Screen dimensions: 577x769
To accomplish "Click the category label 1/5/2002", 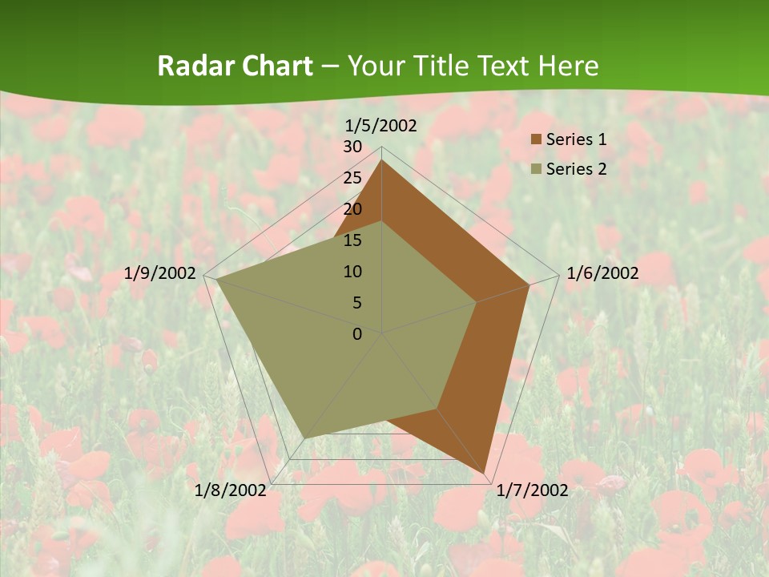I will (x=381, y=126).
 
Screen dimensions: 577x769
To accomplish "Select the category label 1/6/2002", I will (x=602, y=273).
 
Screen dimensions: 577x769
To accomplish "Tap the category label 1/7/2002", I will (x=532, y=490).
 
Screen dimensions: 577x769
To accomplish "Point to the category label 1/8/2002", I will (x=231, y=490).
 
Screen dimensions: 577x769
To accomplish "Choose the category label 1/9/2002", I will (x=160, y=273).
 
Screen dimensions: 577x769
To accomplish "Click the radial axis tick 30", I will (x=352, y=147).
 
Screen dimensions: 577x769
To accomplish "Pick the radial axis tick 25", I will (x=352, y=178).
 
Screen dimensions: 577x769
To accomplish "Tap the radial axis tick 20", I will (x=352, y=209).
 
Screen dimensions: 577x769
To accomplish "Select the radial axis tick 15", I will (x=352, y=240).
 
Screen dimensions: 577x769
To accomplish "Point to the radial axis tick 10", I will (x=352, y=272).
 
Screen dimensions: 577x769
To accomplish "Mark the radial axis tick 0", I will (x=357, y=334).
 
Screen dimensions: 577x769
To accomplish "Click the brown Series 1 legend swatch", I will (x=536, y=140).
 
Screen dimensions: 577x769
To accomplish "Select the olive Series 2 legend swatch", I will (x=536, y=169).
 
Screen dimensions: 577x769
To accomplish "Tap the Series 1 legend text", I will (x=576, y=140).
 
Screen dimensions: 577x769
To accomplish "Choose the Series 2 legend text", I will (x=576, y=169).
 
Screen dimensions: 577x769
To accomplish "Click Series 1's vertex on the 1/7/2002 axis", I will (x=485, y=473).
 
